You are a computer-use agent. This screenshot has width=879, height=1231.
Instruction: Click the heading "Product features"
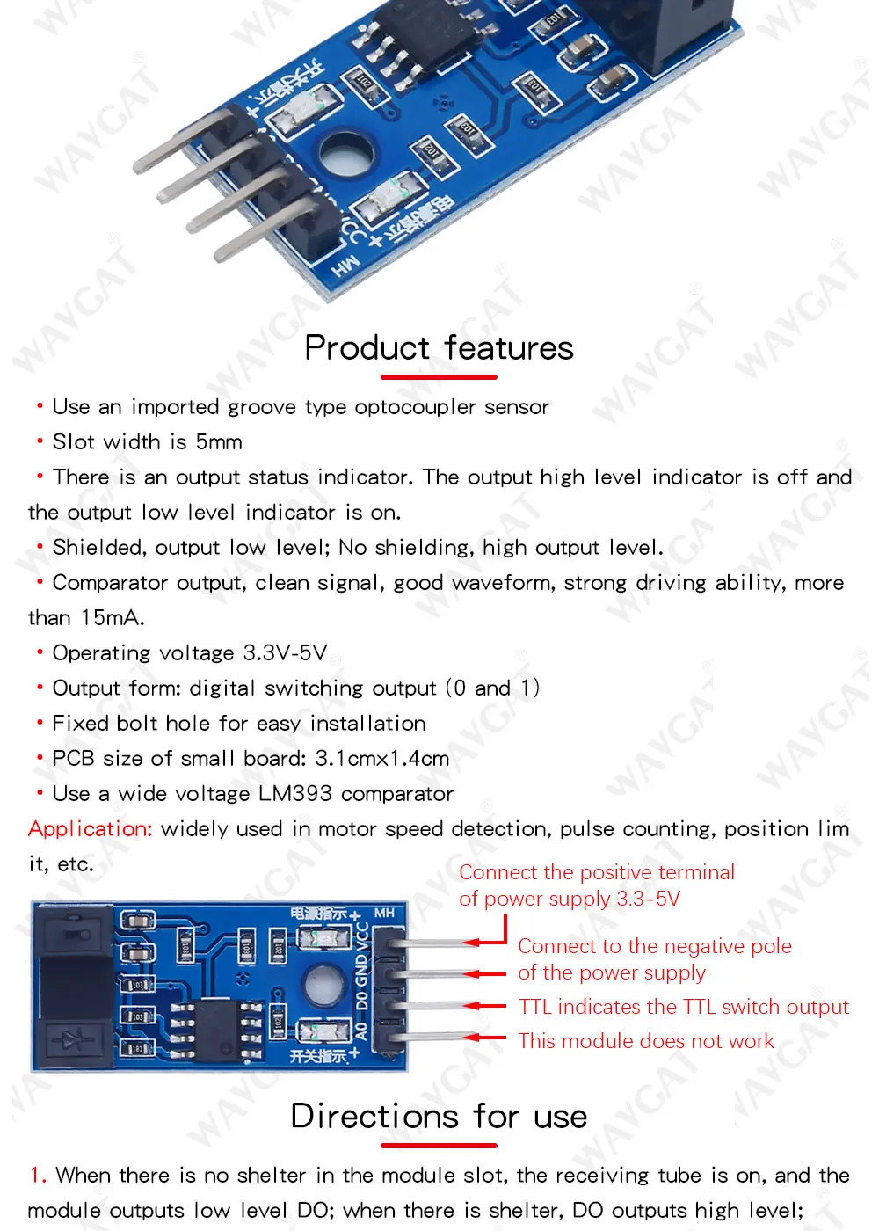pos(439,348)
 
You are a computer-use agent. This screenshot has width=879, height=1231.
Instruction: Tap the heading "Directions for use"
pos(439,1117)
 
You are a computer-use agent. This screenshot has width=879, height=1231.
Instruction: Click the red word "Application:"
pos(91,829)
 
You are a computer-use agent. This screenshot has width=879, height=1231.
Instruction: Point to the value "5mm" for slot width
pos(219,442)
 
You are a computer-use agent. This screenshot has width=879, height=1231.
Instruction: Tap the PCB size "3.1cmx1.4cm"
pos(382,759)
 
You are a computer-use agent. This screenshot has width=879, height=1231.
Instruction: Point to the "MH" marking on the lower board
pos(384,914)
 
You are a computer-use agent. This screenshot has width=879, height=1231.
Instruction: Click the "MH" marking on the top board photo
pos(345,265)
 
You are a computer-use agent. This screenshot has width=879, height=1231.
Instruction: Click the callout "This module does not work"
pos(646,1041)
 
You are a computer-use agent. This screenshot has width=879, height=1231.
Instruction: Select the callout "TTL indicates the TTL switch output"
pos(684,1007)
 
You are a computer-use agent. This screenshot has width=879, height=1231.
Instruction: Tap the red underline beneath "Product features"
pos(439,377)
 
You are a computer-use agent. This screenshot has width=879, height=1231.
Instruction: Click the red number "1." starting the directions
pos(38,1176)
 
